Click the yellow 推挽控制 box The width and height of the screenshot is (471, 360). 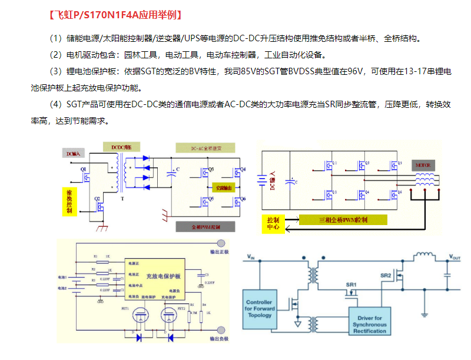(69, 202)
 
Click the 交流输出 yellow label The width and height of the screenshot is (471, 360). (224, 187)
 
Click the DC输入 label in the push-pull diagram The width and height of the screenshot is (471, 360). (75, 154)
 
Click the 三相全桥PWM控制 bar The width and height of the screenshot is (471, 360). (343, 220)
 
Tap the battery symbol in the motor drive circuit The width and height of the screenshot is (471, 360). (260, 180)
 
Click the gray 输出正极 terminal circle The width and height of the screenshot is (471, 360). (221, 243)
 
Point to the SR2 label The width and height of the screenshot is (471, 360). (386, 275)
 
